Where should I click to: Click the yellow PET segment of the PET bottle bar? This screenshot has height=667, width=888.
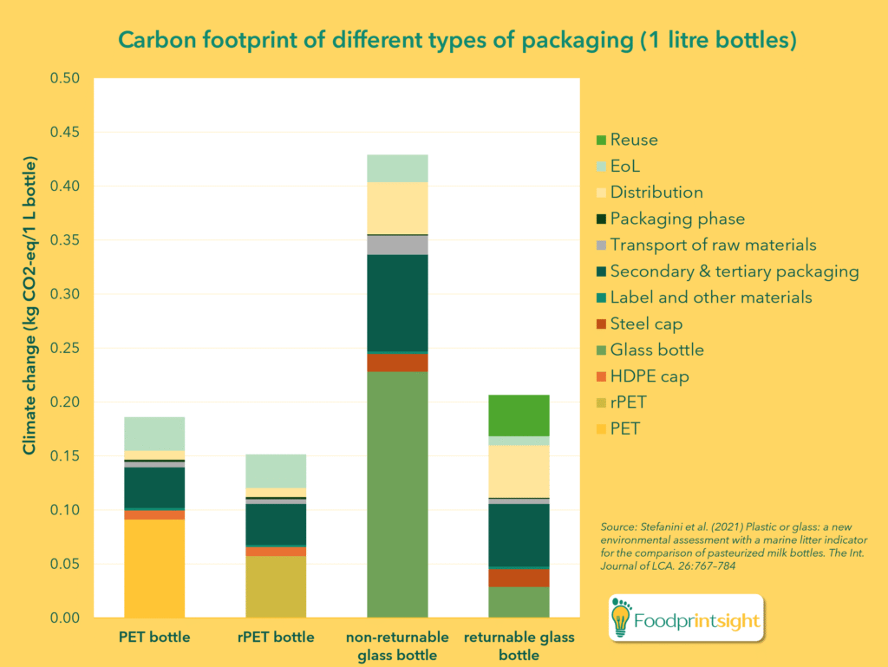coord(154,568)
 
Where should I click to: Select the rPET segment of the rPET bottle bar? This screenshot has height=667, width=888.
coord(276,586)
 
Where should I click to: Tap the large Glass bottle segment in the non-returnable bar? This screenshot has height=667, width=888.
coord(397,494)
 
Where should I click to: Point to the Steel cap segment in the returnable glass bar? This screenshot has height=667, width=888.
coord(519,578)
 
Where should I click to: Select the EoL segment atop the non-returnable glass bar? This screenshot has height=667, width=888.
coord(397,168)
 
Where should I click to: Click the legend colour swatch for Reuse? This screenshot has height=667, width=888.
coord(600,140)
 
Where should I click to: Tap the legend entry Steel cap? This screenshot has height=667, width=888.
coord(646,324)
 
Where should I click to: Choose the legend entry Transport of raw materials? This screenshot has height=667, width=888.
coord(713,245)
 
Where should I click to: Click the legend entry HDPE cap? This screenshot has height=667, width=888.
coord(650,376)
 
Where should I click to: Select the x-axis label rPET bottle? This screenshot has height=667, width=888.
coord(276,638)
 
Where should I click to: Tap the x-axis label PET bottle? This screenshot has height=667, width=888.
coord(154,638)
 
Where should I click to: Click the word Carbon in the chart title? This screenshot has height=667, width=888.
coord(153,41)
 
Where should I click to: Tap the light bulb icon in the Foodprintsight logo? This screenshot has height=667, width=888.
coord(622,618)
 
